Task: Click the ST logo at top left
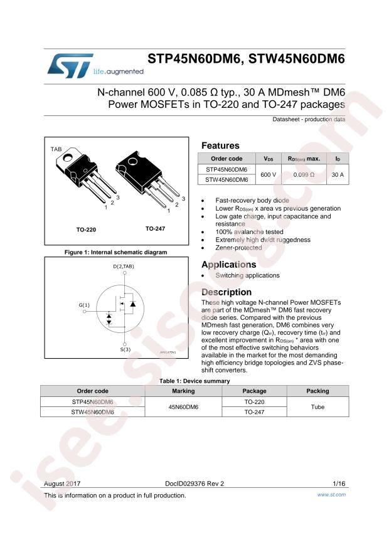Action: coord(70,66)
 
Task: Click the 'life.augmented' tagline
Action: coord(119,71)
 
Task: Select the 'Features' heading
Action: coord(220,145)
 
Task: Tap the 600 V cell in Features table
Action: coord(269,174)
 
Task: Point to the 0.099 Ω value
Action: coord(304,174)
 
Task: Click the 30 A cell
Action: coord(338,174)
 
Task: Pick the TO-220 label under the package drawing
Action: coord(86,230)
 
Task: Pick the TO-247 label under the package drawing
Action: coord(155,229)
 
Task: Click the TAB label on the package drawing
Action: coord(56,149)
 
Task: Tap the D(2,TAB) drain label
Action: coord(124,267)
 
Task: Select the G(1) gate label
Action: coord(84,305)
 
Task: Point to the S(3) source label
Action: coord(125,349)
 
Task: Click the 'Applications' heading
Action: coord(229,265)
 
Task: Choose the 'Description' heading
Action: coord(226,292)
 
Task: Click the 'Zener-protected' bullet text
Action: coord(238,248)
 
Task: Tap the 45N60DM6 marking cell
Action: coord(183,407)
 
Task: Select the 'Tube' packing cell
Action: coord(318,407)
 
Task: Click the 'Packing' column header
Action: coord(318,391)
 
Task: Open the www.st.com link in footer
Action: coord(331,495)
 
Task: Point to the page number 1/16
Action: coord(339,484)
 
